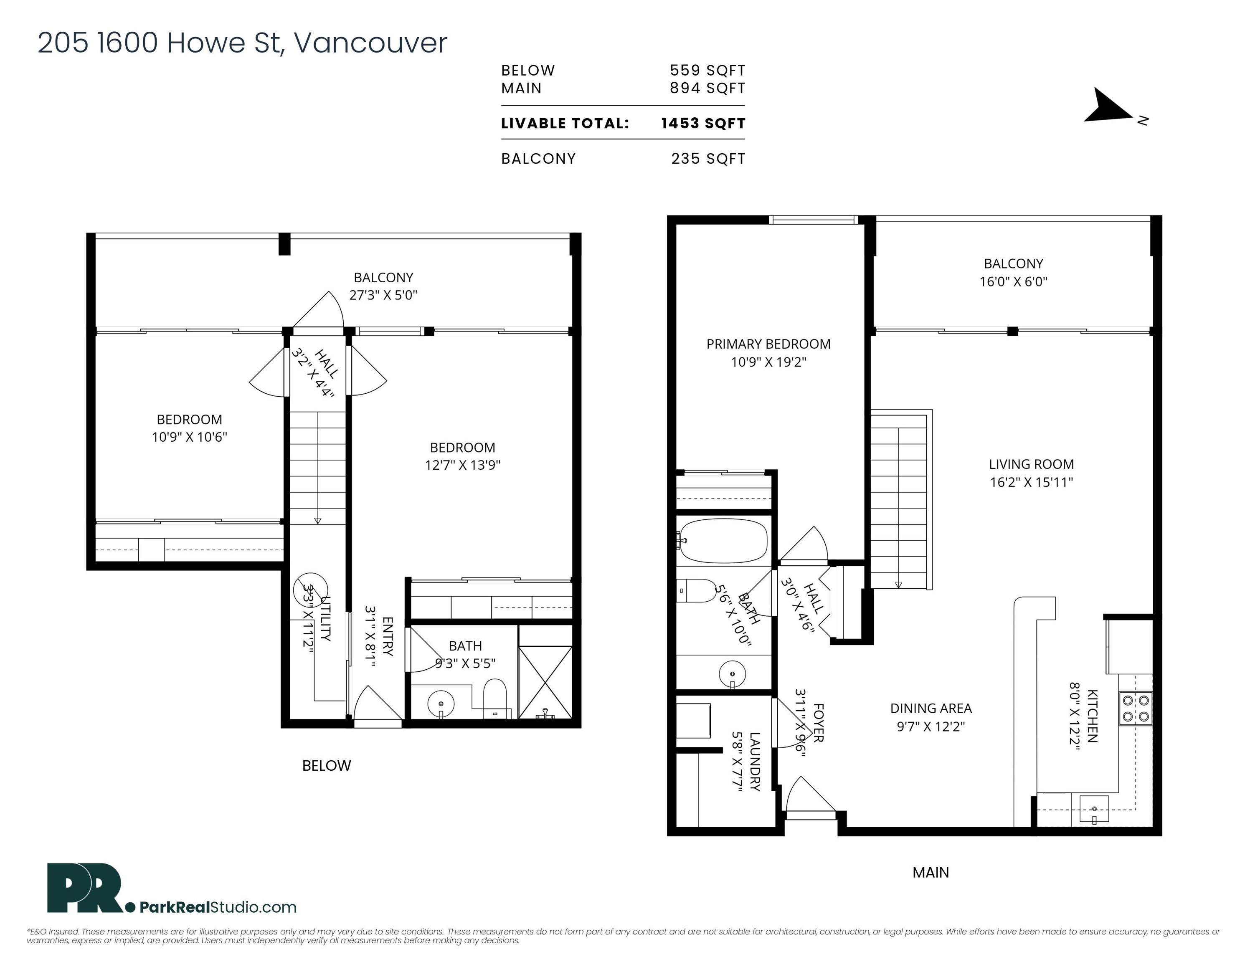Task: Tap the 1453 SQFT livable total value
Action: click(x=703, y=123)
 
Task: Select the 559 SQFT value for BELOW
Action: click(x=707, y=70)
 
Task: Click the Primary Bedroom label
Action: click(x=768, y=344)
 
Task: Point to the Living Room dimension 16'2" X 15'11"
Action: click(x=1031, y=482)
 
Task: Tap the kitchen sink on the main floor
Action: click(x=1094, y=810)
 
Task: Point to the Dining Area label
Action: click(x=931, y=709)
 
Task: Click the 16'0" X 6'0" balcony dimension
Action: click(x=1014, y=281)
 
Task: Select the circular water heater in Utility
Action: click(x=311, y=590)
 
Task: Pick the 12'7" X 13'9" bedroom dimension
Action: click(x=463, y=465)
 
